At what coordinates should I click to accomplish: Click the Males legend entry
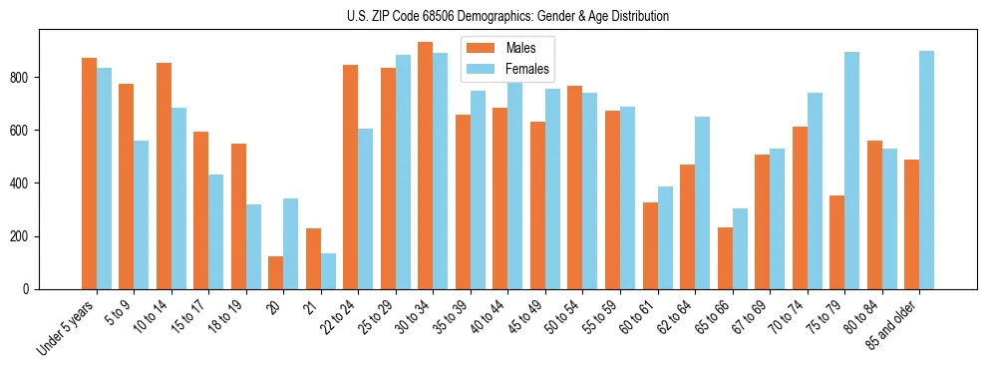tap(518, 48)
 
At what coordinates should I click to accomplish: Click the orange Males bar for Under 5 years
tap(90, 174)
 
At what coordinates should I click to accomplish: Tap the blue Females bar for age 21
tap(328, 271)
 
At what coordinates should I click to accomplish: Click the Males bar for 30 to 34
tap(426, 166)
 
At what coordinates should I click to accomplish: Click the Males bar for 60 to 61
tap(650, 245)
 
